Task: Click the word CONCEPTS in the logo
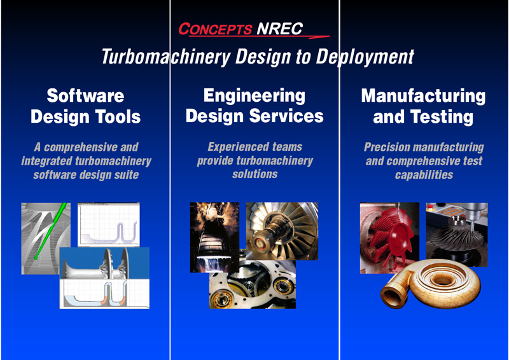click(215, 29)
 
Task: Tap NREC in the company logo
click(279, 29)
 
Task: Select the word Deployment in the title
click(365, 57)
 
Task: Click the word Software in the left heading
click(85, 95)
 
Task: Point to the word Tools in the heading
click(118, 116)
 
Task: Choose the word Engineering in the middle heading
click(254, 96)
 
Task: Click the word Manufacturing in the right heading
click(423, 97)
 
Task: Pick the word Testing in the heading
click(442, 117)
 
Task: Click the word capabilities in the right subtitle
click(424, 175)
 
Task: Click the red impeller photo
click(389, 238)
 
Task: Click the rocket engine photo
click(214, 237)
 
